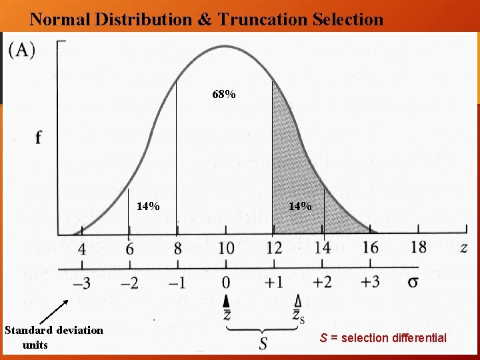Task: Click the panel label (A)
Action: (22, 50)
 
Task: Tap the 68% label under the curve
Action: (224, 95)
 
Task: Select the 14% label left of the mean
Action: (148, 206)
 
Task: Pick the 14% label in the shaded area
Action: (300, 206)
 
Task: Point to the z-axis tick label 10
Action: (226, 249)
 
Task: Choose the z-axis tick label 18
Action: (418, 247)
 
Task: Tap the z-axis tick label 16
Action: (370, 248)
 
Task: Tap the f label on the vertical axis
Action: (38, 138)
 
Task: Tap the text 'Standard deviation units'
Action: (54, 337)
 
